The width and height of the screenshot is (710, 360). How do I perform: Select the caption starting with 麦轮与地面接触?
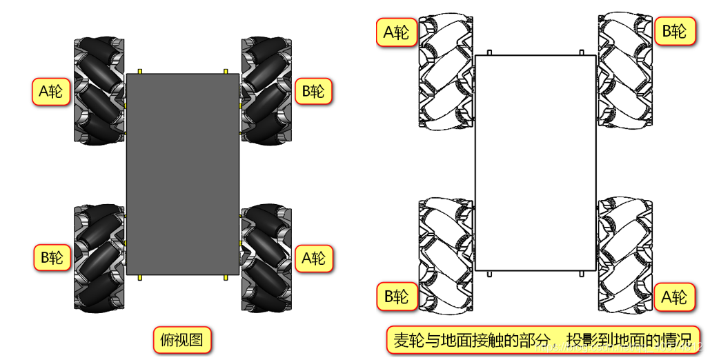click(543, 341)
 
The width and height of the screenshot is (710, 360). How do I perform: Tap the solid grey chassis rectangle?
click(183, 174)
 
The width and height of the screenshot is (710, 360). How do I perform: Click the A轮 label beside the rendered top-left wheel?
click(52, 91)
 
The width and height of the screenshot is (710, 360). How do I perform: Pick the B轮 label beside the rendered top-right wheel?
click(313, 91)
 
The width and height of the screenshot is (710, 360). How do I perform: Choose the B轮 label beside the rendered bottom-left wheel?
click(52, 257)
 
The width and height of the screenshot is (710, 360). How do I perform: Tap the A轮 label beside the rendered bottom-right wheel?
click(313, 258)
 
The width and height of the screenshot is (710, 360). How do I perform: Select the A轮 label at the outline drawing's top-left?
click(397, 32)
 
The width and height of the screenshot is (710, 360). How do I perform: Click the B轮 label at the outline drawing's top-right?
click(674, 31)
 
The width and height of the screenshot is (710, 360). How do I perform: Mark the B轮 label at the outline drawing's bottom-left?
click(397, 297)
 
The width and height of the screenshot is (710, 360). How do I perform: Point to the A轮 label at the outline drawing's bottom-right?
click(674, 297)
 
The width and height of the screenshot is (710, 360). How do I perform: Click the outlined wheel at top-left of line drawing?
click(446, 72)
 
